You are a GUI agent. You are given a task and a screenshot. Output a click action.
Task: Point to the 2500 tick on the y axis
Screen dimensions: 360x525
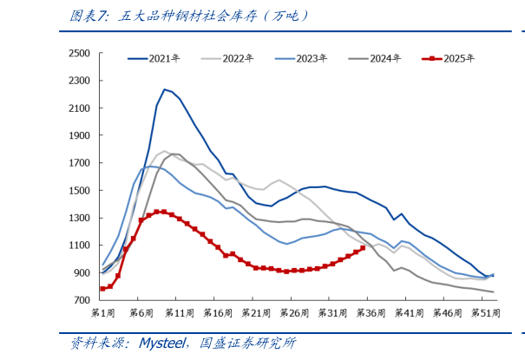point(79,54)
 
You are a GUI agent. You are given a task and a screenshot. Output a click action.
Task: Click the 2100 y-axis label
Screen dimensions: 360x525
point(79,108)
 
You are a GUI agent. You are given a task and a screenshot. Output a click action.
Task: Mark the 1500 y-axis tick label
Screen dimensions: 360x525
point(79,191)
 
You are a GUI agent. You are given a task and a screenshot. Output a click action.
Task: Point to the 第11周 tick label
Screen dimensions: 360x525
point(179,312)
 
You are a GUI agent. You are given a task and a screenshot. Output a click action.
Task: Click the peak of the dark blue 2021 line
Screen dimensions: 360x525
point(164,89)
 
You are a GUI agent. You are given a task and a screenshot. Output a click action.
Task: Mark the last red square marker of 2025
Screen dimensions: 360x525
point(363,248)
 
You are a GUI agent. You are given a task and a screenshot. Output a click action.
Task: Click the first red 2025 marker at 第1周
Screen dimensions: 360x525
point(102,289)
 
